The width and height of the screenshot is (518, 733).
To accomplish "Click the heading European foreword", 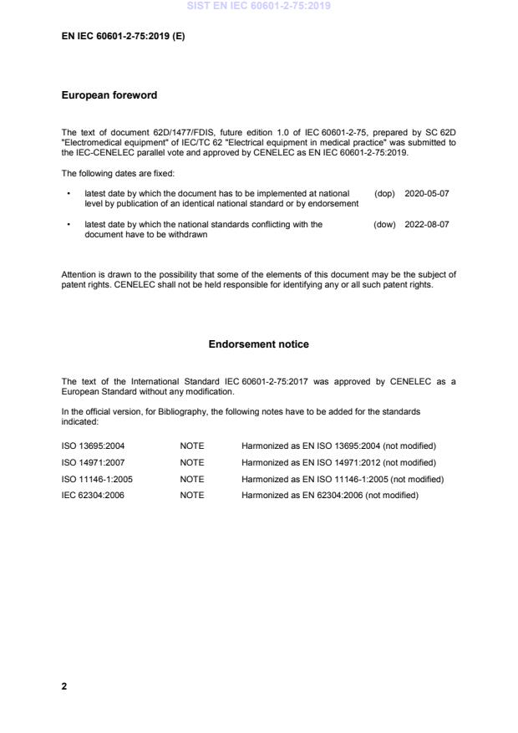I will coord(109,95).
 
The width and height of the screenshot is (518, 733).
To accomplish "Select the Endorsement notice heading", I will coord(258,344).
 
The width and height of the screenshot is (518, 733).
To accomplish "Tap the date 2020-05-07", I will coord(426,193).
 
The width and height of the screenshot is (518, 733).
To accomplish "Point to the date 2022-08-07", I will coord(426,224).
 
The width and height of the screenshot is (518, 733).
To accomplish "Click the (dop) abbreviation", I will coord(384,193).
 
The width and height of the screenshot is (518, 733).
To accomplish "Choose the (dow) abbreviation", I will coord(384,224).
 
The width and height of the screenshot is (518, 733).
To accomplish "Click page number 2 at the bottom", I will coord(64,686).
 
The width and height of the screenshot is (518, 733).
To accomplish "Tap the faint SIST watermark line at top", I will coord(258,6).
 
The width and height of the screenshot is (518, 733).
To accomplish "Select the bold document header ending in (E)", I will coord(123,38).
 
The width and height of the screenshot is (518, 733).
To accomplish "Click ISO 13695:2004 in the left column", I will coord(93,445).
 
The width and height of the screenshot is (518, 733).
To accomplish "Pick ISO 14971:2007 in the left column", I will coord(93,462).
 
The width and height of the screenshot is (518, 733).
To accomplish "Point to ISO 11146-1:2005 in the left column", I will coord(97,479).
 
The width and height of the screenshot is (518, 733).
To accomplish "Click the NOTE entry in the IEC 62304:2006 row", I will coord(191,496).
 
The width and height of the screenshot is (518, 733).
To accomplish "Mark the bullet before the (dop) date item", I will coord(68,193).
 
